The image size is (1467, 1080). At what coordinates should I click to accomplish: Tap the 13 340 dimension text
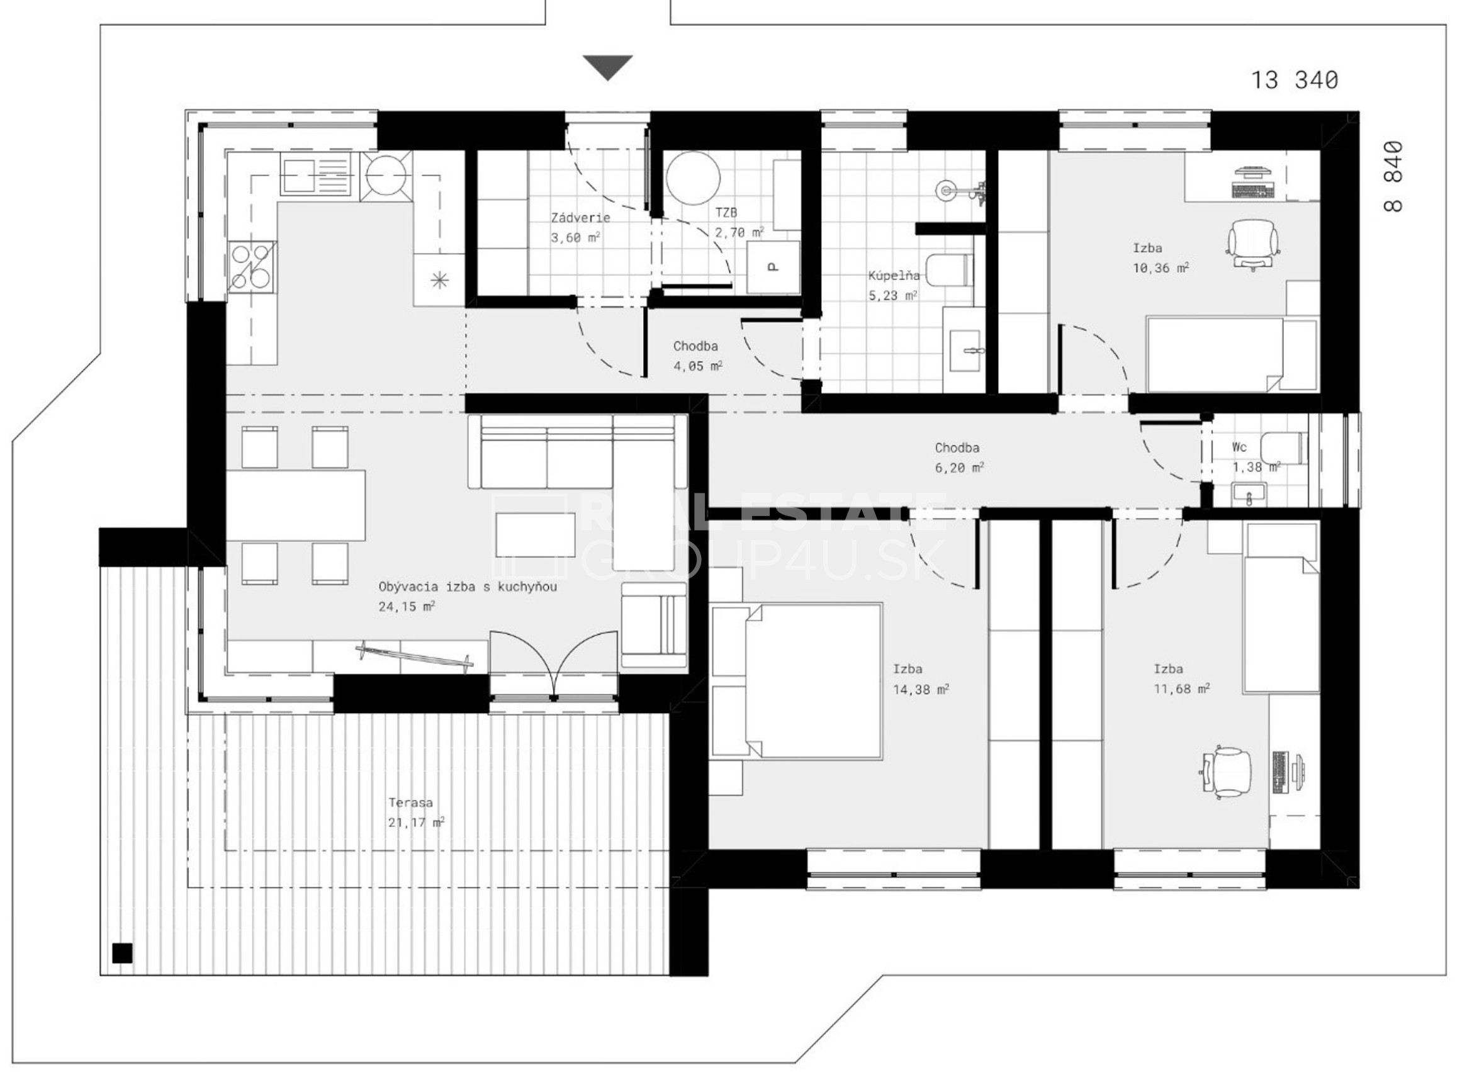click(x=1294, y=81)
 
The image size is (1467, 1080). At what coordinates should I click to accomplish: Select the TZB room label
click(x=726, y=213)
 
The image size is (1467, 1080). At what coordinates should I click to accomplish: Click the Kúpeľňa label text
click(x=894, y=275)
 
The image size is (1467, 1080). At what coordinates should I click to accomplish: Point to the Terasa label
click(x=410, y=802)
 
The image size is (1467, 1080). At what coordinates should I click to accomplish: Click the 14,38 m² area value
click(x=921, y=689)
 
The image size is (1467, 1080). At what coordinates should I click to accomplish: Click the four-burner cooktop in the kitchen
click(x=252, y=265)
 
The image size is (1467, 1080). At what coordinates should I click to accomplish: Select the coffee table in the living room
click(x=535, y=535)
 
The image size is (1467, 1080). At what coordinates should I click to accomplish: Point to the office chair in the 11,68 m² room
click(x=1226, y=772)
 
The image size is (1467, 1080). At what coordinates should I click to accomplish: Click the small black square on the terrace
click(x=122, y=953)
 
